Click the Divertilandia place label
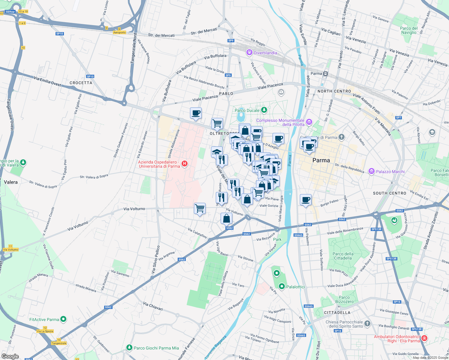pyautogui.click(x=265, y=53)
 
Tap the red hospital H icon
pyautogui.click(x=185, y=163)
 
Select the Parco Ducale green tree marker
pyautogui.click(x=264, y=110)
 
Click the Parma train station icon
pyautogui.click(x=326, y=73)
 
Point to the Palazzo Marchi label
pyautogui.click(x=390, y=172)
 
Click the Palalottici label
pyautogui.click(x=295, y=287)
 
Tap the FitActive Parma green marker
pyautogui.click(x=63, y=319)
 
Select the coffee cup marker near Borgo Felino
pyautogui.click(x=306, y=200)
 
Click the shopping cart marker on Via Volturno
pyautogui.click(x=200, y=208)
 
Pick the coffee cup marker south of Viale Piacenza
pyautogui.click(x=196, y=113)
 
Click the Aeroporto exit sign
pyautogui.click(x=119, y=32)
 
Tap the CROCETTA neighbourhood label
pyautogui.click(x=81, y=83)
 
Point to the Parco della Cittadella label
pyautogui.click(x=343, y=256)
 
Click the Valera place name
pyautogui.click(x=11, y=182)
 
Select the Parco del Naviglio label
pyautogui.click(x=409, y=30)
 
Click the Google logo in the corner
pyautogui.click(x=10, y=356)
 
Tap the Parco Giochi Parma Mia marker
pyautogui.click(x=129, y=348)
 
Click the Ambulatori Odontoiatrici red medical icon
pyautogui.click(x=424, y=339)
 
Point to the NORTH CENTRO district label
pyautogui.click(x=334, y=91)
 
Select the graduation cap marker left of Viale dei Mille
pyautogui.click(x=217, y=152)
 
